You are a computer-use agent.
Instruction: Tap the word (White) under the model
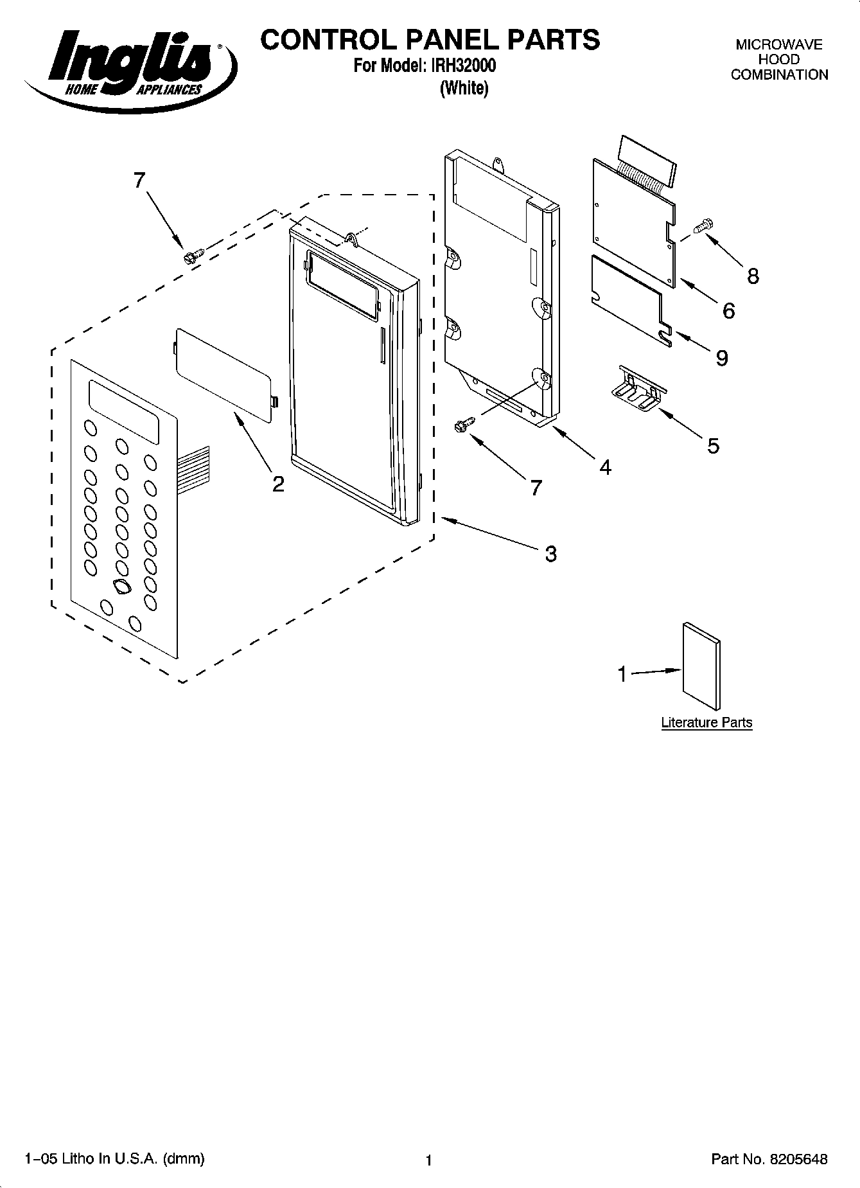[464, 88]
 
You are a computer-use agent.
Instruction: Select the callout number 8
[753, 276]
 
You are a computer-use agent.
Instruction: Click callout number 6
[728, 311]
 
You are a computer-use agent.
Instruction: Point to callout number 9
[722, 358]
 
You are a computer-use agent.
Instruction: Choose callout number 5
[713, 445]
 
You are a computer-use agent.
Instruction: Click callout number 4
[605, 467]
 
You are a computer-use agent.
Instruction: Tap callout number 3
[550, 554]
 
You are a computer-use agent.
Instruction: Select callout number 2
[277, 484]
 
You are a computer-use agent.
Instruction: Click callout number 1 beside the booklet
[622, 674]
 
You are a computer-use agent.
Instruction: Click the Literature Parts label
[706, 722]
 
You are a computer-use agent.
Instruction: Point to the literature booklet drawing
[701, 666]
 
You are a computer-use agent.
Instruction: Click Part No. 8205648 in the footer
[769, 1159]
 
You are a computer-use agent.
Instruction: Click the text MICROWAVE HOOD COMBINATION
[779, 60]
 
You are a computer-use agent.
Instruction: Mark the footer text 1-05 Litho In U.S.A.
[114, 1158]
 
